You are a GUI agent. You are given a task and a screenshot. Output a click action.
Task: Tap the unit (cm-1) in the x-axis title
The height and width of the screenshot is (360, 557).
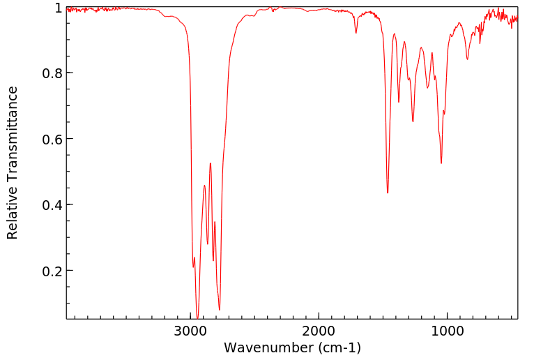coord(339,347)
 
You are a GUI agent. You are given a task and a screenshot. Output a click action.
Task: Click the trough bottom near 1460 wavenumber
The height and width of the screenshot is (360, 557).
coord(388,193)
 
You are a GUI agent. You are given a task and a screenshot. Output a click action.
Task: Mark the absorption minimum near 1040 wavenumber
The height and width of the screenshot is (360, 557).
coord(441,163)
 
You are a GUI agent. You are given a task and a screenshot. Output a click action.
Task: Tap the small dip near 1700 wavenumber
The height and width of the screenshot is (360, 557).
coord(356,33)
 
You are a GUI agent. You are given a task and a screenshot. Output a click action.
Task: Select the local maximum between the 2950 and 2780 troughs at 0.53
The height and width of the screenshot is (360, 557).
coord(210,163)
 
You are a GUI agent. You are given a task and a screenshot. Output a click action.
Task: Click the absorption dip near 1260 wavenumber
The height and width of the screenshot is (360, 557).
coord(413,121)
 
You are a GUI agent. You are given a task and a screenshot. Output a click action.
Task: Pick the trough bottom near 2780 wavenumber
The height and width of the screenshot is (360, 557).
coord(219,310)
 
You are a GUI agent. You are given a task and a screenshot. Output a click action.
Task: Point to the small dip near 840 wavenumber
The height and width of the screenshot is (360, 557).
coord(467,59)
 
